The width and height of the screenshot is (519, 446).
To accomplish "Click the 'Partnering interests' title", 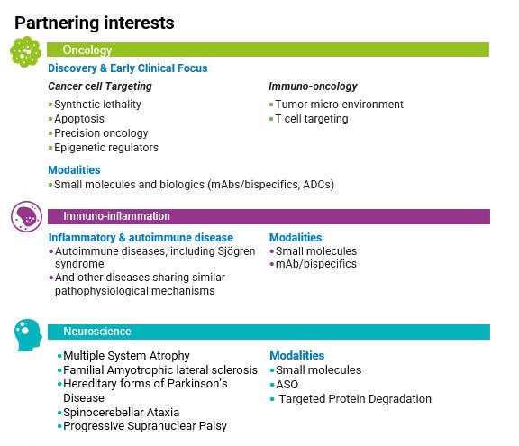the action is (x=95, y=23).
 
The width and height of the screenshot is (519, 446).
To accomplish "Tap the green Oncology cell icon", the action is (x=25, y=51).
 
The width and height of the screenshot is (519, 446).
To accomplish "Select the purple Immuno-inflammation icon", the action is (x=26, y=216).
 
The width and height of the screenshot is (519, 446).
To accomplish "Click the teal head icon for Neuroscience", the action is (x=28, y=335).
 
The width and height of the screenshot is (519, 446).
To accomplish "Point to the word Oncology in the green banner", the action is (x=87, y=50).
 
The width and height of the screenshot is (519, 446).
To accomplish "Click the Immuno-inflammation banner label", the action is (x=116, y=216).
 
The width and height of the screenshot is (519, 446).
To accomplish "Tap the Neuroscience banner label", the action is (x=97, y=332).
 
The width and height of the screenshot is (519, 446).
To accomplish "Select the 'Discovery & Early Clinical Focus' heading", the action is (x=128, y=68).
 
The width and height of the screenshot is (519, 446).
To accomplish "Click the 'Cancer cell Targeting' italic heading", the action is (x=100, y=86).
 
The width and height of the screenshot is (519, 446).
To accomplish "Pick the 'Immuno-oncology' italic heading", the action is (x=313, y=86).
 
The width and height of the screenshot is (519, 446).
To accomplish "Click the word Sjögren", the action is (x=236, y=251).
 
